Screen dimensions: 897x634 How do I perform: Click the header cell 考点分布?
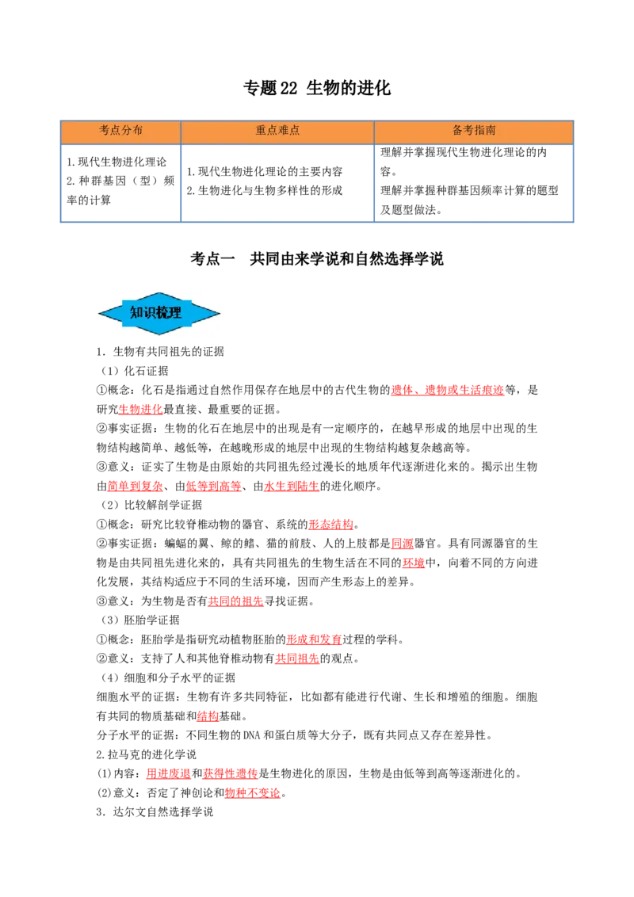[x=120, y=131]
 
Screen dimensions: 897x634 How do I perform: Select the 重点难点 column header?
[x=277, y=131]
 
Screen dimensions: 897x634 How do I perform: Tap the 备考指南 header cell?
[x=474, y=131]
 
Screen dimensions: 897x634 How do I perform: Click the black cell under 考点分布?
[x=120, y=180]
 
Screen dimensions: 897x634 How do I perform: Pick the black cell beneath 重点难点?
[x=276, y=180]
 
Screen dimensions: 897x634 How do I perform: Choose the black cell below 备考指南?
[x=475, y=180]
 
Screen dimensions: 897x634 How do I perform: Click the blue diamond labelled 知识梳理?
[x=159, y=314]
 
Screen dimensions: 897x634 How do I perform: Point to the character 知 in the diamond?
[x=136, y=313]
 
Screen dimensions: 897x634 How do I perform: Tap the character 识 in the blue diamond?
[x=150, y=313]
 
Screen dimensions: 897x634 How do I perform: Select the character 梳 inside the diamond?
[x=163, y=313]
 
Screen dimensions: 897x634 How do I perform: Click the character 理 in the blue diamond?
[x=176, y=313]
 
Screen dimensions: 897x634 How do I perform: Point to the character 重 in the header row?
[x=261, y=131]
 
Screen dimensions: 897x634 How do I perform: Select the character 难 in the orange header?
[x=283, y=131]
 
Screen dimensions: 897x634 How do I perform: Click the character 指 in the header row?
[x=479, y=131]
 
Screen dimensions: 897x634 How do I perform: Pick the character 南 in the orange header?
[x=491, y=131]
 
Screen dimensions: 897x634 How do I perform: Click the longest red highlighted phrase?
[x=448, y=390]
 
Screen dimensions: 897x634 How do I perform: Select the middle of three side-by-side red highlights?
[x=213, y=487]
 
